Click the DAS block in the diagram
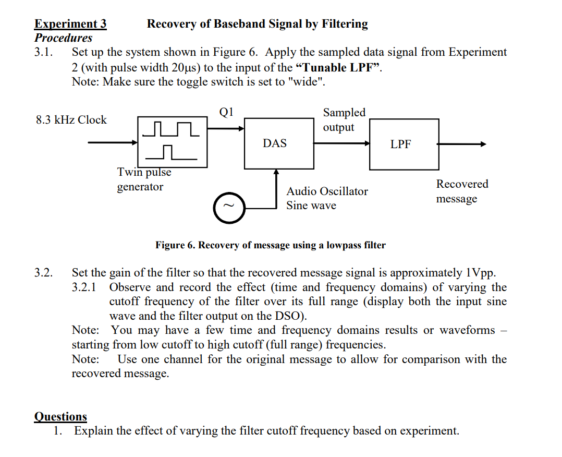coord(275,143)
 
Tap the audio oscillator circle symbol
coord(227,207)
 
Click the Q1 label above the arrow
coord(227,112)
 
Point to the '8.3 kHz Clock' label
coord(71,120)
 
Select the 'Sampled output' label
coord(344,120)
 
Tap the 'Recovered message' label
coord(462,191)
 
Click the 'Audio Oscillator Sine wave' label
coord(327,198)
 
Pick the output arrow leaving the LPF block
coord(462,145)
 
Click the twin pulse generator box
coord(172,142)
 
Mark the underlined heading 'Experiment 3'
coord(70,24)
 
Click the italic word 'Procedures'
coord(63,38)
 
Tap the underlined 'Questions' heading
coord(60,416)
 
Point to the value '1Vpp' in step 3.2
coord(479,273)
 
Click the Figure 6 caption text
coord(271,245)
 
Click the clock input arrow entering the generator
coord(112,142)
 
